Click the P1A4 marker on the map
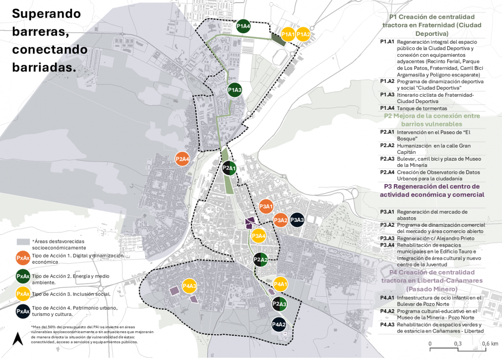[243, 27]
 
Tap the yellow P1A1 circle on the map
[288, 34]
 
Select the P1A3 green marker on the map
[235, 90]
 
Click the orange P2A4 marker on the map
[182, 159]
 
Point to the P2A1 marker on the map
[229, 168]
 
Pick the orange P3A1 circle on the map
[266, 207]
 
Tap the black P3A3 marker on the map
[297, 220]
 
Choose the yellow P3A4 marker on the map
[259, 236]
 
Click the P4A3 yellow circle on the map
[190, 286]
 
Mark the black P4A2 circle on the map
[279, 324]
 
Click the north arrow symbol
[18, 338]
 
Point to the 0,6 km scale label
[489, 344]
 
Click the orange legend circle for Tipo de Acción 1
[23, 258]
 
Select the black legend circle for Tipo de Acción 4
[23, 311]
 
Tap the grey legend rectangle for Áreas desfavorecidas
[23, 242]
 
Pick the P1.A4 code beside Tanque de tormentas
[387, 108]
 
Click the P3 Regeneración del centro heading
[432, 190]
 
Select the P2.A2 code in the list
[387, 145]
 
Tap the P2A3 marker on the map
[280, 304]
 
